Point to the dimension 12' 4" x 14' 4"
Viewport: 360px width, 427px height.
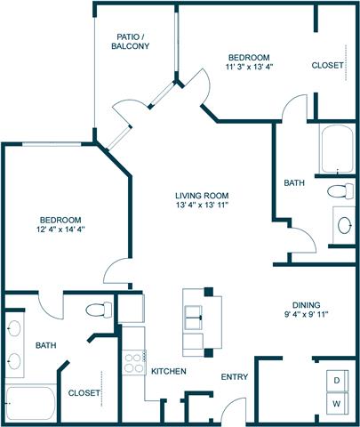click(60, 229)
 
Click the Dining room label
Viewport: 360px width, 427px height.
click(302, 303)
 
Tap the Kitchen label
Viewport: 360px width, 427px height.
click(167, 370)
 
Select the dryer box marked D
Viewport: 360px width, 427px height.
click(337, 380)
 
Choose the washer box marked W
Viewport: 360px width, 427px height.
click(337, 404)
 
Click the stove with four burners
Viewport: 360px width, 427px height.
click(133, 364)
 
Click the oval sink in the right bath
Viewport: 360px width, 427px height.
click(343, 224)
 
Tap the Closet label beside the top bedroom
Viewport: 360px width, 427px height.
click(327, 65)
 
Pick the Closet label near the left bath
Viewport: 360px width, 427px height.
click(84, 392)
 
